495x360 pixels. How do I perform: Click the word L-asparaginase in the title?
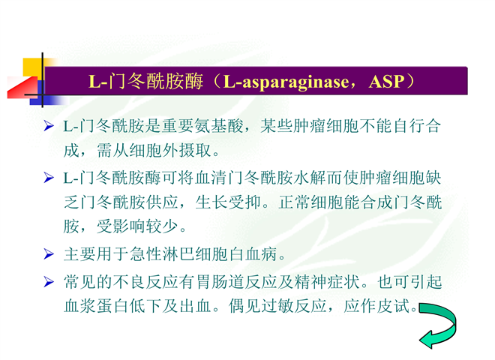click(x=286, y=82)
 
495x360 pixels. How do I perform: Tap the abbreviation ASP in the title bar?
click(x=387, y=82)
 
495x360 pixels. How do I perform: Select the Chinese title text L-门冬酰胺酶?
click(x=145, y=82)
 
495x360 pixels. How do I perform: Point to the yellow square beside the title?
click(x=32, y=67)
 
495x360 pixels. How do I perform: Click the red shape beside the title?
click(x=22, y=88)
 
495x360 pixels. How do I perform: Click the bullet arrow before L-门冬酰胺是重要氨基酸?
click(x=49, y=126)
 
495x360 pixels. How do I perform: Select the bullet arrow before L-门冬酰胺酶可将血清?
click(x=49, y=178)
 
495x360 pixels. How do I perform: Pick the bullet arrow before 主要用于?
click(x=49, y=254)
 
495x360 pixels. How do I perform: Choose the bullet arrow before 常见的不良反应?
click(x=49, y=281)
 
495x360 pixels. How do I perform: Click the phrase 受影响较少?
click(x=137, y=226)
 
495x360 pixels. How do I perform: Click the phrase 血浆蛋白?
click(x=96, y=306)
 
